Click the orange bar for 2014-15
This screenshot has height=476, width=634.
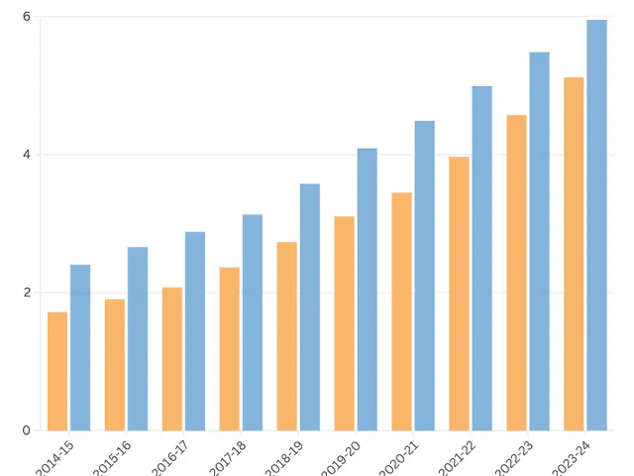[x=57, y=371]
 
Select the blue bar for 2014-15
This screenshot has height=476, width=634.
[x=80, y=347]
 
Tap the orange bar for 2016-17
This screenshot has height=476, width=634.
[x=172, y=359]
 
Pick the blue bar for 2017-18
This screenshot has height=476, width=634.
[x=253, y=322]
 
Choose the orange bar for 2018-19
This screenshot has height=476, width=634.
[x=287, y=336]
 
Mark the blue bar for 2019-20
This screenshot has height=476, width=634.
[x=368, y=290]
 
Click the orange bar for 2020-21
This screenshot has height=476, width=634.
[x=401, y=311]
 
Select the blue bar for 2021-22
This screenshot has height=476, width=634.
[x=482, y=258]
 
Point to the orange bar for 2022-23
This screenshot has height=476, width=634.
[x=516, y=273]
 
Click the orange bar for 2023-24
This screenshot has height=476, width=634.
[x=574, y=254]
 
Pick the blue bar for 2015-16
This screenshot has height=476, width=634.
[x=138, y=338]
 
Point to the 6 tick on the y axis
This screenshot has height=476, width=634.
[x=27, y=17]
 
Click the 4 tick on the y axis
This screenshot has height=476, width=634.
[x=27, y=155]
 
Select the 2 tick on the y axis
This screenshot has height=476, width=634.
[x=27, y=293]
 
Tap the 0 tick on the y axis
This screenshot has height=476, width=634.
[x=27, y=430]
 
